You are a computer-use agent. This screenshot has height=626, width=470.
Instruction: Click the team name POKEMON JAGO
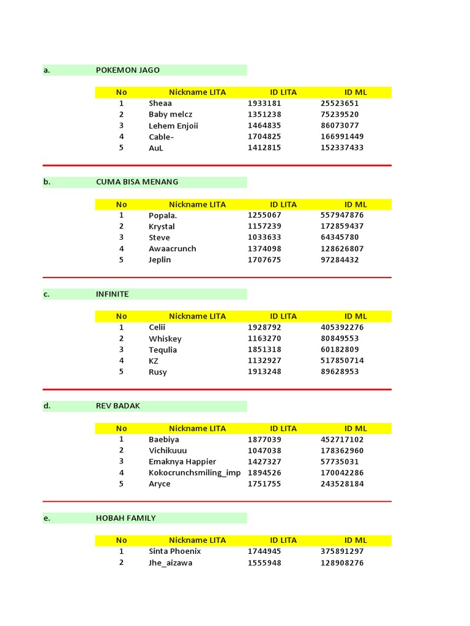pos(127,70)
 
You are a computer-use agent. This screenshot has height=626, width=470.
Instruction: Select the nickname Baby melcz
pos(170,114)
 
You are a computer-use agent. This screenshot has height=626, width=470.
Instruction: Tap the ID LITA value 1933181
pos(264,103)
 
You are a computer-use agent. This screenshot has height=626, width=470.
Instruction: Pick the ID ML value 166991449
pos(341,137)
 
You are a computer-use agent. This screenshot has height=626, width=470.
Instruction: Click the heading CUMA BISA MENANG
pos(137,182)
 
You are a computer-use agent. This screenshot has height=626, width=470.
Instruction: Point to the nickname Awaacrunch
pos(173,249)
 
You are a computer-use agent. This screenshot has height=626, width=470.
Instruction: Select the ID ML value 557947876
pos(341,215)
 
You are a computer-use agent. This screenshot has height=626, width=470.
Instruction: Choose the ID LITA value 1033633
pos(264,238)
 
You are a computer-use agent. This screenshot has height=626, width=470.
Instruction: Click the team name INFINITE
pos(112,294)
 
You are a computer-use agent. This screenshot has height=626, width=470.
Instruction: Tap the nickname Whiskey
pos(165,339)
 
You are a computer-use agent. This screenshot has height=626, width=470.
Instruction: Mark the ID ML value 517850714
pos(341,361)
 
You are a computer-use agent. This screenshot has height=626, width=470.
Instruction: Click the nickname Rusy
pos(157,372)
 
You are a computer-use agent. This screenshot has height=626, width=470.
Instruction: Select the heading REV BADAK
pos(117,406)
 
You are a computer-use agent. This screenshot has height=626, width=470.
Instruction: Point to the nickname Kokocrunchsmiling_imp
pos(195,473)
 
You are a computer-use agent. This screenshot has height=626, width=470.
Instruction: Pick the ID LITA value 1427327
pos(264,462)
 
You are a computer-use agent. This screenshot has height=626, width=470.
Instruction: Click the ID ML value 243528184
pos(341,484)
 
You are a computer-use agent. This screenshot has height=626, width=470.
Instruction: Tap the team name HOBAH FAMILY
pos(125,518)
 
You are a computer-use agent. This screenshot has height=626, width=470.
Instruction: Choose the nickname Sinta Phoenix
pos(174,551)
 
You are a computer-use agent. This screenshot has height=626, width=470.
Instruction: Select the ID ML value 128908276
pos(341,563)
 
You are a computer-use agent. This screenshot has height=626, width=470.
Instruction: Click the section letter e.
pos(47,518)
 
